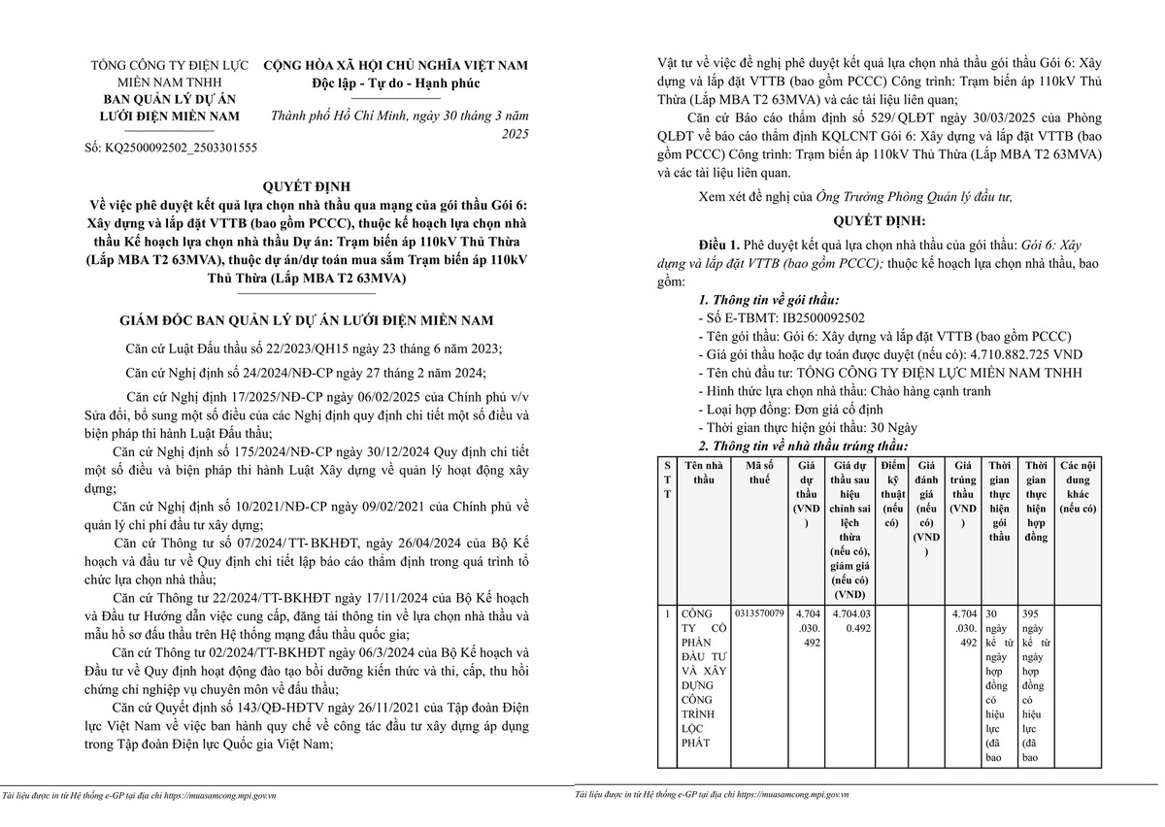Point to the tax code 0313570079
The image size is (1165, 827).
pyautogui.click(x=760, y=614)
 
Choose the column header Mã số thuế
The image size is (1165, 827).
pyautogui.click(x=760, y=473)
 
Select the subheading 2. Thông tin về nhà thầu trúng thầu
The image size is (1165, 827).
pyautogui.click(x=803, y=446)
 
